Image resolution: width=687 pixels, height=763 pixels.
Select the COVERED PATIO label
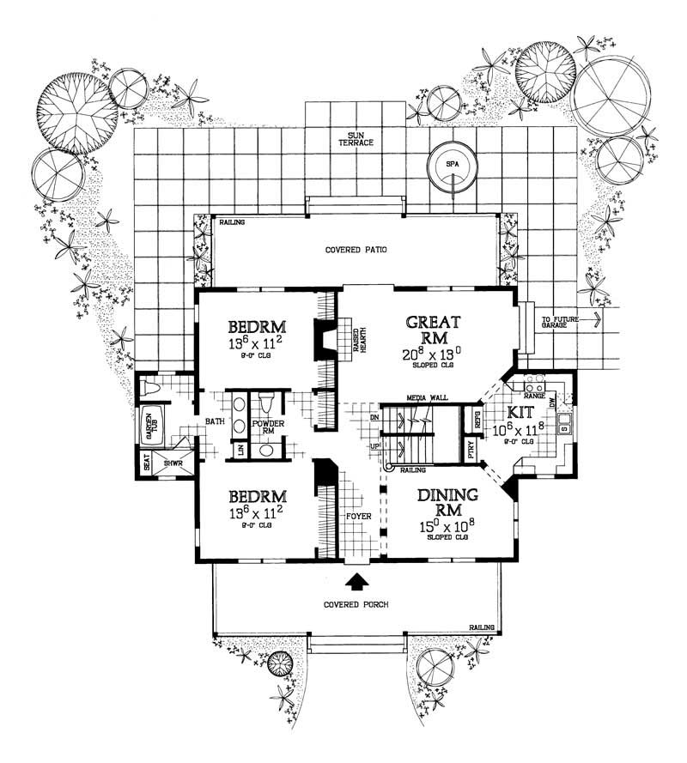coord(356,251)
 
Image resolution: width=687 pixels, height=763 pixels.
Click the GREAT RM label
coord(434,330)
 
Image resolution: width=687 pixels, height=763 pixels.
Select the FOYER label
coord(358,518)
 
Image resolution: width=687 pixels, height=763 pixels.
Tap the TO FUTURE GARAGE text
coord(562,324)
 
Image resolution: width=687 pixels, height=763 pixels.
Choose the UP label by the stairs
coord(373,447)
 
